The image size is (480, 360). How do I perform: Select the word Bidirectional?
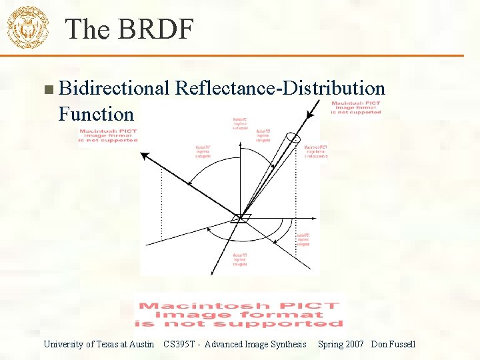pos(115,88)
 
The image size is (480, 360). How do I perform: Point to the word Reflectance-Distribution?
pos(280,88)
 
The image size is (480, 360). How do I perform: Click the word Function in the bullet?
pos(96,113)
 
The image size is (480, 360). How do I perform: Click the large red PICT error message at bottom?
pos(239,314)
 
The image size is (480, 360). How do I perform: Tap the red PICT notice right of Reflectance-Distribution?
pos(357,107)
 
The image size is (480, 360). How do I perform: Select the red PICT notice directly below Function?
pos(108,135)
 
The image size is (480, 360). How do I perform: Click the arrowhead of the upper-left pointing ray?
pos(143,156)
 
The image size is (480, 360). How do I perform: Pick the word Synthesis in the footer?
pos(288,344)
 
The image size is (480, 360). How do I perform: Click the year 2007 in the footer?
pos(354,344)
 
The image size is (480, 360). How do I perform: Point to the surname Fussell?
pos(401,344)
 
